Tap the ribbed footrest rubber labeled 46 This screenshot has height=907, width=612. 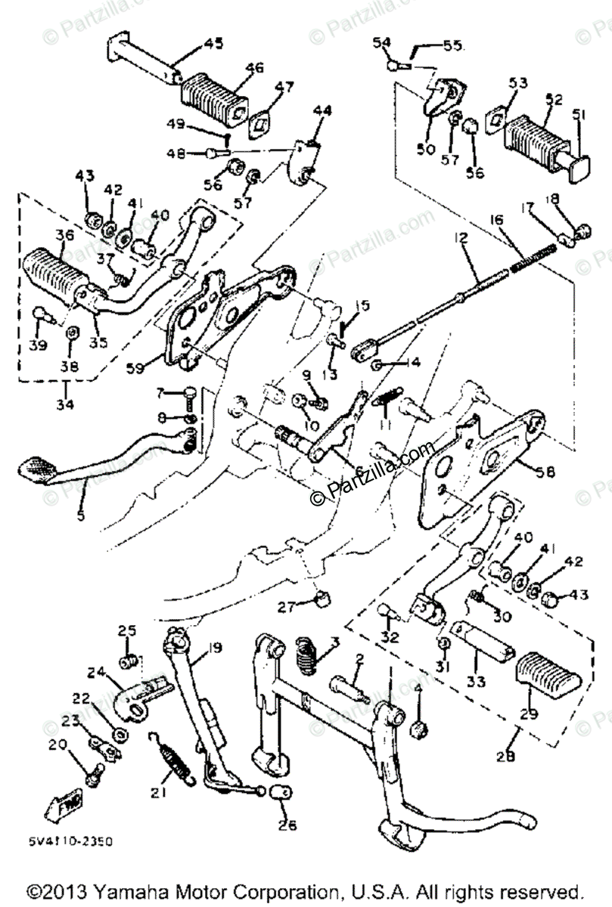pyautogui.click(x=213, y=94)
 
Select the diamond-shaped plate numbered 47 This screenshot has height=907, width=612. pyautogui.click(x=262, y=120)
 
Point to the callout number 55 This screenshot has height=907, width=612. pyautogui.click(x=452, y=46)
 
